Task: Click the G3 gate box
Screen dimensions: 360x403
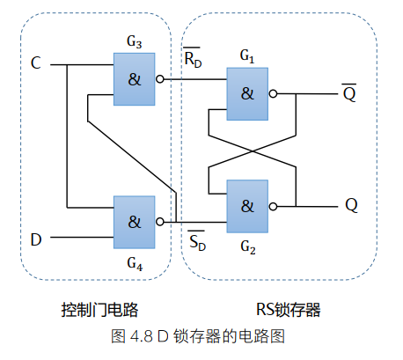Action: tap(134, 78)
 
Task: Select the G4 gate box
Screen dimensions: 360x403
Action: tap(134, 221)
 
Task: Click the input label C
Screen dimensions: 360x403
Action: tap(35, 63)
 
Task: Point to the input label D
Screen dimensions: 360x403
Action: tap(36, 239)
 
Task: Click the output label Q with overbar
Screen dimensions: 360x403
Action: tap(349, 92)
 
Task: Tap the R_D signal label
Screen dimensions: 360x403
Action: tap(193, 60)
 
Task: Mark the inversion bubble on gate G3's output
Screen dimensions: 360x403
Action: tap(159, 78)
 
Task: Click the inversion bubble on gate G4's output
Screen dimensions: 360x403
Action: tap(159, 221)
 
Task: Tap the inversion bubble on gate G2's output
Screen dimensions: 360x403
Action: tap(274, 206)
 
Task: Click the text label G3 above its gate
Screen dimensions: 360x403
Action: tap(135, 41)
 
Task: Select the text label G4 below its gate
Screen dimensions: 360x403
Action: tap(135, 261)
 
